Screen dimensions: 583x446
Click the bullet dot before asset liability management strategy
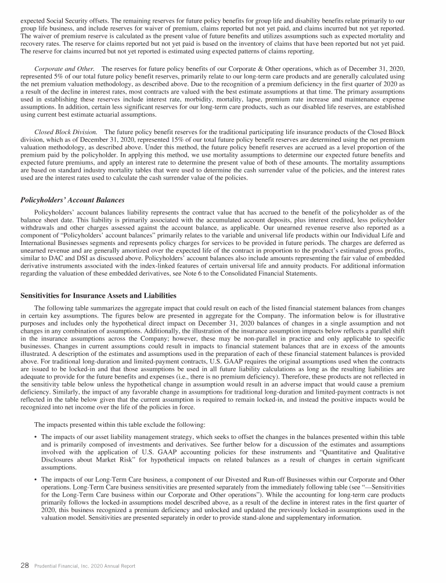click(37, 435)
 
